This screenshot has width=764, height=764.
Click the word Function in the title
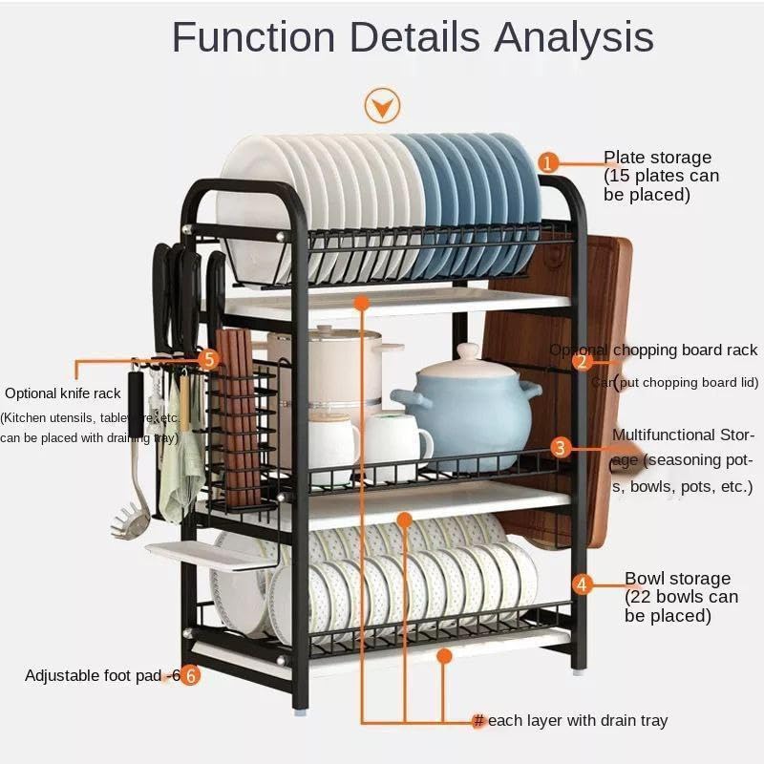[253, 38]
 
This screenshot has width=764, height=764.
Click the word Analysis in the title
[574, 38]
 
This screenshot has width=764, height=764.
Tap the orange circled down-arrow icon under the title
[383, 104]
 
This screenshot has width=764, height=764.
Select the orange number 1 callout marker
[548, 162]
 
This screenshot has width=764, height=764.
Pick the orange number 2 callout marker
[583, 360]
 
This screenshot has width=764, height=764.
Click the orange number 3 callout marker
[562, 447]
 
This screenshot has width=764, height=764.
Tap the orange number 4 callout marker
[583, 584]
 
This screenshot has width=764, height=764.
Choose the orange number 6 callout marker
[190, 675]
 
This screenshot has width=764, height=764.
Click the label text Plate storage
[657, 158]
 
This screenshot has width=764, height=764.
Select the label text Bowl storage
[677, 579]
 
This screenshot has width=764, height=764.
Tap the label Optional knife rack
[63, 393]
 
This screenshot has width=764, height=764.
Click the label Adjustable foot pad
[94, 675]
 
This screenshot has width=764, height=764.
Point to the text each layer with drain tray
[577, 721]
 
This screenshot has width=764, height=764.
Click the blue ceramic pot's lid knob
[468, 352]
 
